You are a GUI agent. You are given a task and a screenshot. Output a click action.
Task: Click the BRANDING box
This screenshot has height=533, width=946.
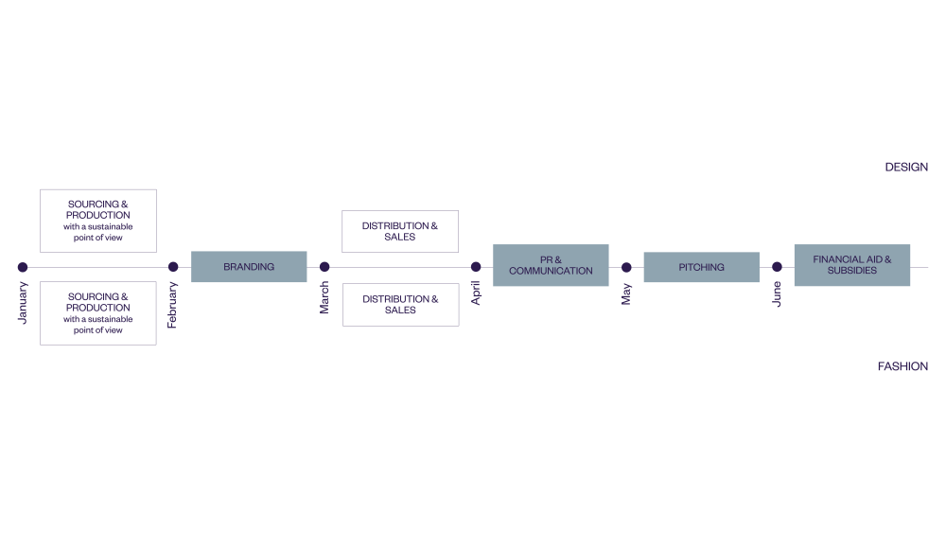pyautogui.click(x=249, y=267)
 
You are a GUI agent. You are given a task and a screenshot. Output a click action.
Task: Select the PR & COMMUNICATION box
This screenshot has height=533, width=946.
pyautogui.click(x=551, y=265)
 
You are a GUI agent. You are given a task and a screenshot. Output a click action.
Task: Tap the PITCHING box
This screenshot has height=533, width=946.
pyautogui.click(x=701, y=267)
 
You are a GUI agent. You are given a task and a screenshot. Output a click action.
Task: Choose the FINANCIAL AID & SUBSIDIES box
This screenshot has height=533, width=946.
pyautogui.click(x=851, y=265)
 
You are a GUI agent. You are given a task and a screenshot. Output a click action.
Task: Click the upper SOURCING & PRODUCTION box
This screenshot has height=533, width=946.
pyautogui.click(x=98, y=221)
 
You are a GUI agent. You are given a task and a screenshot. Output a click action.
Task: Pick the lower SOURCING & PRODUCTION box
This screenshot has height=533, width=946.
pyautogui.click(x=98, y=312)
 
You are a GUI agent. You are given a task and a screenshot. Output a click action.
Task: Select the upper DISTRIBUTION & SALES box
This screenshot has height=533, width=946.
pyautogui.click(x=400, y=231)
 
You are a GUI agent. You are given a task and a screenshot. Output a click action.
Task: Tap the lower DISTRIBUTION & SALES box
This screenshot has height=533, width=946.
pyautogui.click(x=400, y=304)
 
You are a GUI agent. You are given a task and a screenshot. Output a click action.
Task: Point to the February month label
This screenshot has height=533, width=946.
pyautogui.click(x=172, y=305)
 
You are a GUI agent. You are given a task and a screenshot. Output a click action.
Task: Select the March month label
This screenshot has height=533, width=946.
pyautogui.click(x=324, y=297)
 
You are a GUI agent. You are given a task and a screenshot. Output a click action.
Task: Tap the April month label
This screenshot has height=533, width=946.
pyautogui.click(x=476, y=293)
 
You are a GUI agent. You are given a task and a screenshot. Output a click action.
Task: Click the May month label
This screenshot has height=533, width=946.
pyautogui.click(x=626, y=294)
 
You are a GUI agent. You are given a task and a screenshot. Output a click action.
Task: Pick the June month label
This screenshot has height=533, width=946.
pyautogui.click(x=777, y=294)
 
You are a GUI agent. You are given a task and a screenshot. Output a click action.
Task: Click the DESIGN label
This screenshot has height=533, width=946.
pyautogui.click(x=906, y=167)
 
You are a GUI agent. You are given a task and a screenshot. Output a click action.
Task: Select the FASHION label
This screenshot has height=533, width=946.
pyautogui.click(x=902, y=366)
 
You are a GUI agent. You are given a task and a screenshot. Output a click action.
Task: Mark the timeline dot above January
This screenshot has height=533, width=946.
pyautogui.click(x=23, y=267)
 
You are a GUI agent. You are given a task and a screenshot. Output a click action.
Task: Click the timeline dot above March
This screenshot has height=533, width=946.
pyautogui.click(x=324, y=267)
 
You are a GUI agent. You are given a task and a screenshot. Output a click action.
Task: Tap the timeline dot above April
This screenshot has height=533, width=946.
pyautogui.click(x=476, y=267)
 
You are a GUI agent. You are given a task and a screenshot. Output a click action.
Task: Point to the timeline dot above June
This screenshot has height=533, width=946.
pyautogui.click(x=777, y=267)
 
